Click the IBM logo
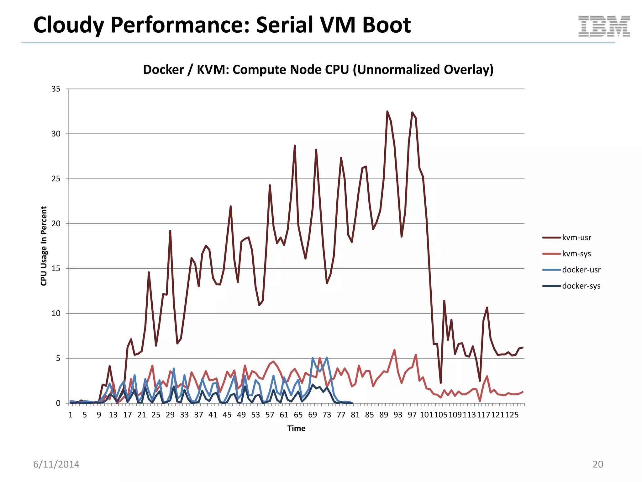(604, 26)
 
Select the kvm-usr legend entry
(576, 238)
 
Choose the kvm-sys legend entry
(576, 254)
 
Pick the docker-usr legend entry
(581, 270)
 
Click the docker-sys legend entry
(581, 286)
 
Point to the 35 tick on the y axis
(56, 89)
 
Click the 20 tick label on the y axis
(56, 224)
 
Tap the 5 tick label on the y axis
(58, 358)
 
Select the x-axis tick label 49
(241, 415)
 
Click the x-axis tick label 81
(355, 415)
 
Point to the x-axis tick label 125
(512, 415)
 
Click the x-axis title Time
(296, 428)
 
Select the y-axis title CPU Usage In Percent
(44, 246)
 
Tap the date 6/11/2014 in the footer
(56, 464)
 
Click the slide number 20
(597, 464)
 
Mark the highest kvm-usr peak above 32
(387, 111)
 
